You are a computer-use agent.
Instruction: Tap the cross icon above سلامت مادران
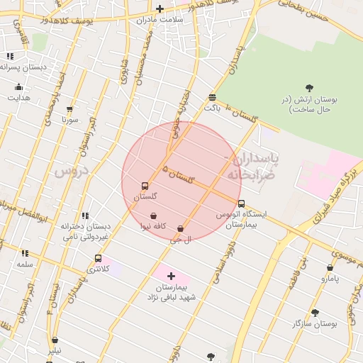160,9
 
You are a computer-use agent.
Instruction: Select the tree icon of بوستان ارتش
309,87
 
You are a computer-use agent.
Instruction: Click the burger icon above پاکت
212,98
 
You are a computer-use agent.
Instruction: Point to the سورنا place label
69,120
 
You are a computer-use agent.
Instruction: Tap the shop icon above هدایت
19,87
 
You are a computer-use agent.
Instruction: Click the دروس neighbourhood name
70,171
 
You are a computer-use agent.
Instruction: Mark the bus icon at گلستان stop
145,186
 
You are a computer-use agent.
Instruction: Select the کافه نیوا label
153,226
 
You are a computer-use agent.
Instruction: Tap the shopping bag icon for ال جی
181,229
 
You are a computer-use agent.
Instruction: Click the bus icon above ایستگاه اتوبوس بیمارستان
242,203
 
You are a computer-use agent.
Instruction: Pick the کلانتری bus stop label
99,269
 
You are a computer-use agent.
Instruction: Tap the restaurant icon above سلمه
25,253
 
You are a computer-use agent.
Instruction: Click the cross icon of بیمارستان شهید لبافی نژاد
171,275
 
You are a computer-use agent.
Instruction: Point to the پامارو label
330,279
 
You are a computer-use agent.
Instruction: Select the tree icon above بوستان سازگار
315,312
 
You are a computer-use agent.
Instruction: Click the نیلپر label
55,350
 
